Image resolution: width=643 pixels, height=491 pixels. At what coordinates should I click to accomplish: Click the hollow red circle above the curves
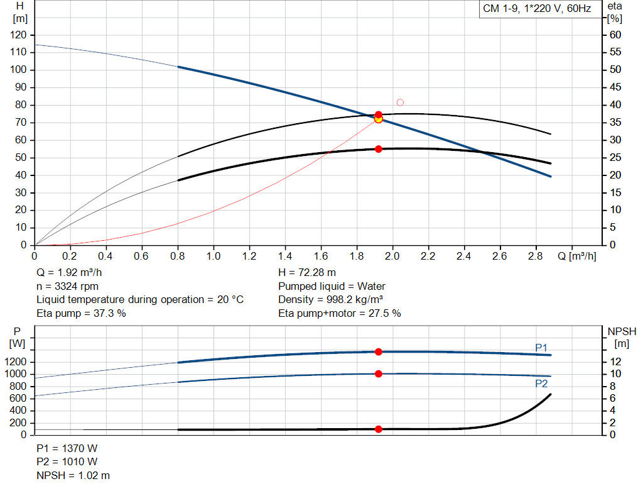pos(400,102)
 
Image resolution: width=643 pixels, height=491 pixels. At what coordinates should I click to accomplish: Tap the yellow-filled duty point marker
pos(379,119)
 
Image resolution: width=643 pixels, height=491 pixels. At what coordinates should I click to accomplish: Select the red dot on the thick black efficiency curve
pos(379,149)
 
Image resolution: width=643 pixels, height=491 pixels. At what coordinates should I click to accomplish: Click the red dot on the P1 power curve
pos(379,352)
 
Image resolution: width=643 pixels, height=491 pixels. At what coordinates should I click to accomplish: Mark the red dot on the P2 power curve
pos(379,373)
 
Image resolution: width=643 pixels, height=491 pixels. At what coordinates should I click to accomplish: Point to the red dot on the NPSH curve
pos(379,429)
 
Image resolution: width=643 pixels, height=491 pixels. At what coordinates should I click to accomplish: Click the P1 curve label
pos(541,348)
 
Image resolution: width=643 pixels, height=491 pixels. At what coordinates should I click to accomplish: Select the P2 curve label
pos(541,383)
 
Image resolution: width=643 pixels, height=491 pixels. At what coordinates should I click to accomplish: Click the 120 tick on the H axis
pos(18,35)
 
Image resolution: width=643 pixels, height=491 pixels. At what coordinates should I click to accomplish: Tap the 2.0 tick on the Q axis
pos(392,256)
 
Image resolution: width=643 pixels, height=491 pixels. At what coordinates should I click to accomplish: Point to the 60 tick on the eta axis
pos(615,35)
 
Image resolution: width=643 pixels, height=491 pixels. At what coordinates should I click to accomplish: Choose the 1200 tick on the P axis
pos(16,361)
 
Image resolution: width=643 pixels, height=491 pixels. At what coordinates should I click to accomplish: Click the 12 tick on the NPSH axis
pos(615,361)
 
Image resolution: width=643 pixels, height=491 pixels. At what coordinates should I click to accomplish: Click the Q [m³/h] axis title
pos(576,256)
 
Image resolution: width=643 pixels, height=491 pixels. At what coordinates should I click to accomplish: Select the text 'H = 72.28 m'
pos(306,272)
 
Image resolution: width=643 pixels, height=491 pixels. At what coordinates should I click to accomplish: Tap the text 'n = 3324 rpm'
pos(67,286)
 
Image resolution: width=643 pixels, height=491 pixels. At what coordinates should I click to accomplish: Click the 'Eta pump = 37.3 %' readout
pos(81,313)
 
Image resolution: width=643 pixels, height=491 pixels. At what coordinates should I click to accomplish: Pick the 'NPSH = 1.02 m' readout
pos(73,475)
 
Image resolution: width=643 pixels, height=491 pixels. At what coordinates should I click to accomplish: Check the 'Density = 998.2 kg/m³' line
pos(330,299)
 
